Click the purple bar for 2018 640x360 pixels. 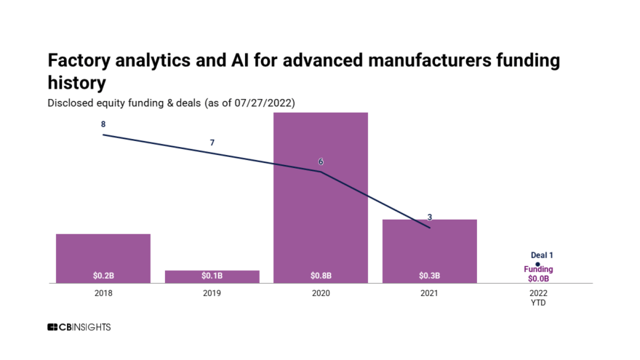pos(103,255)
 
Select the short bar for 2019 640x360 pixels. pos(212,275)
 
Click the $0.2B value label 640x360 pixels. pos(103,276)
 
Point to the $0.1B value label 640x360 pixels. pos(212,276)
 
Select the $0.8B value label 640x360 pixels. pos(321,276)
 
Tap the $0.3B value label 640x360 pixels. pos(429,276)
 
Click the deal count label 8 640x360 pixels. pos(103,124)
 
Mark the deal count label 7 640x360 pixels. pos(212,143)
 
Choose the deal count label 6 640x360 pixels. pos(321,161)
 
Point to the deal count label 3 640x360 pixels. pos(430,217)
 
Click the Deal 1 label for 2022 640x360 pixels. pos(542,255)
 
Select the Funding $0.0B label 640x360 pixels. pos(538,273)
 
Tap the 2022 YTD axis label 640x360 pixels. pos(538,298)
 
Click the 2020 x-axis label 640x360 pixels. pos(321,294)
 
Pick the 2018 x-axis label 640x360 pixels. pos(103,294)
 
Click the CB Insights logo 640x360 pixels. pos(79,327)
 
